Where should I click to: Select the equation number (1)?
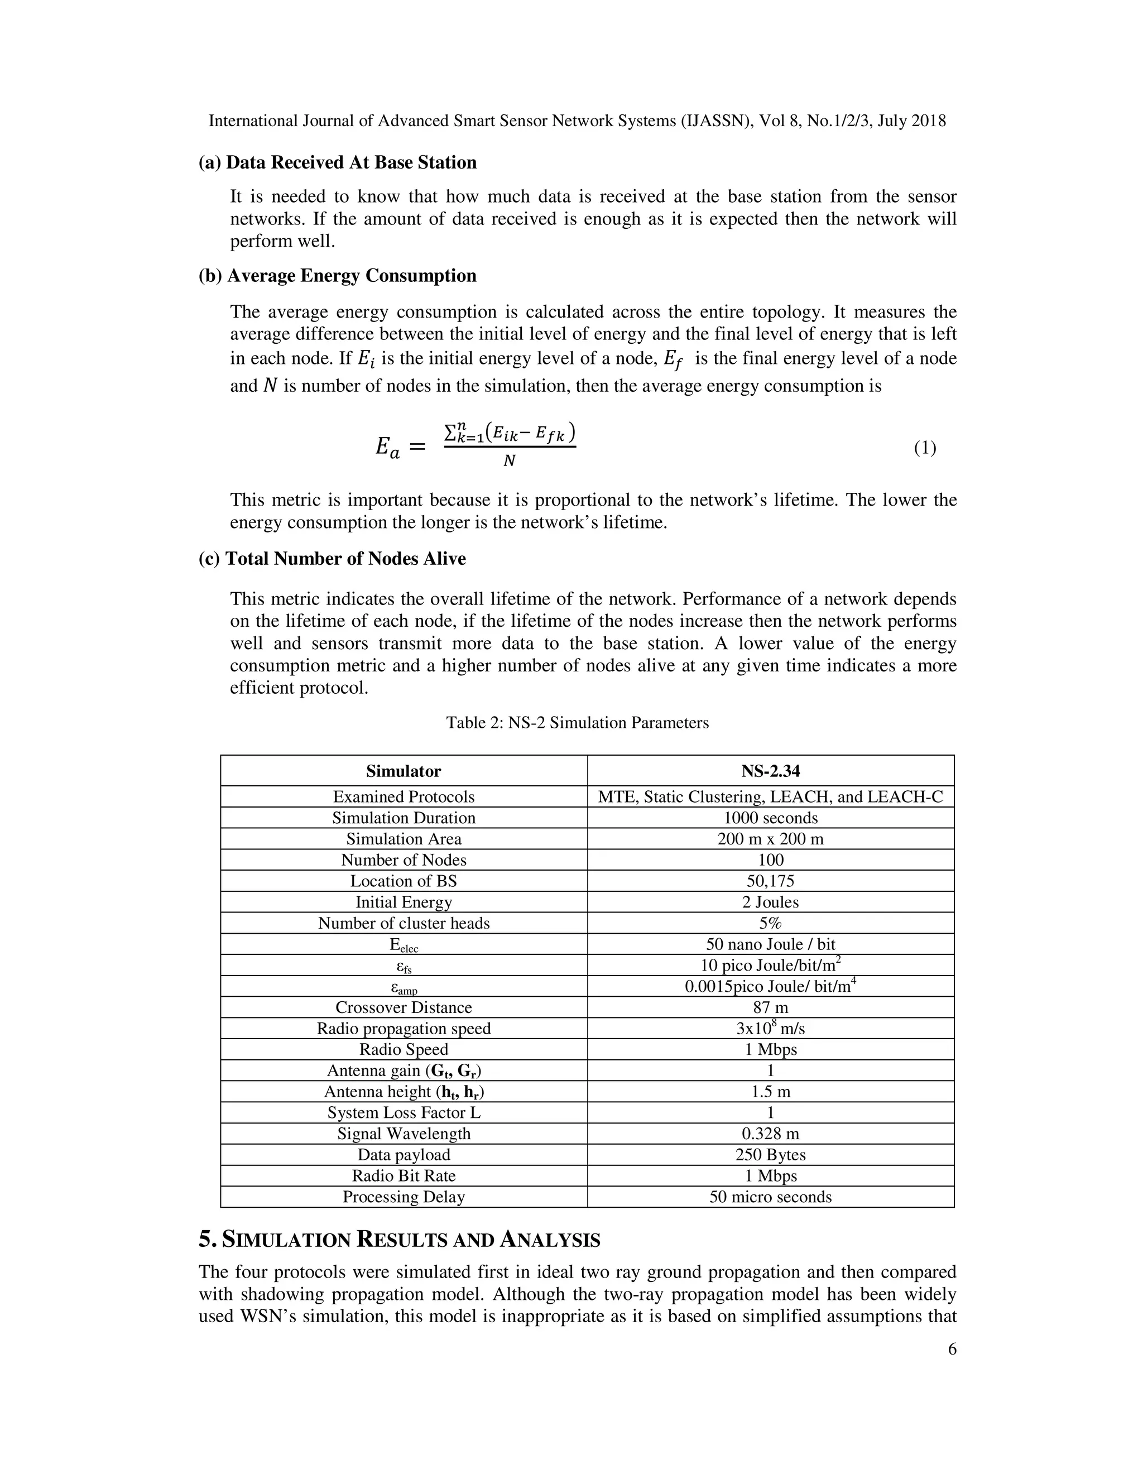pyautogui.click(x=925, y=448)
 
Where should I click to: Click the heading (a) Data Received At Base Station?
pyautogui.click(x=337, y=162)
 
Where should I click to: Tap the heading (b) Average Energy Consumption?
pyautogui.click(x=337, y=276)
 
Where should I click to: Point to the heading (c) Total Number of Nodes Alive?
pyautogui.click(x=332, y=559)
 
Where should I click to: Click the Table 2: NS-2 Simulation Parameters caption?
pyautogui.click(x=577, y=723)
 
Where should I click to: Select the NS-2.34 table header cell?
pyautogui.click(x=771, y=771)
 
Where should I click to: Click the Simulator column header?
pyautogui.click(x=404, y=771)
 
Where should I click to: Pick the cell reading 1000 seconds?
pyautogui.click(x=771, y=818)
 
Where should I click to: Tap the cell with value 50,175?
pyautogui.click(x=771, y=881)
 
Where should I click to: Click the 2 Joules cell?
pyautogui.click(x=771, y=902)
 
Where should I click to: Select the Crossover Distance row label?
pyautogui.click(x=404, y=1007)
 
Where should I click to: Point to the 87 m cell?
pyautogui.click(x=771, y=1007)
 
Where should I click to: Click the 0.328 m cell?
pyautogui.click(x=771, y=1134)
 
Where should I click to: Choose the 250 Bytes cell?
pyautogui.click(x=771, y=1155)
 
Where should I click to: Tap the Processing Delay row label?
pyautogui.click(x=404, y=1197)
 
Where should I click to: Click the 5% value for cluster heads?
pyautogui.click(x=771, y=923)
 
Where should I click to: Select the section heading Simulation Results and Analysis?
pyautogui.click(x=400, y=1240)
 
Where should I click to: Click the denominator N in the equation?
pyautogui.click(x=509, y=461)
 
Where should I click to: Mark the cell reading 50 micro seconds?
pyautogui.click(x=771, y=1197)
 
